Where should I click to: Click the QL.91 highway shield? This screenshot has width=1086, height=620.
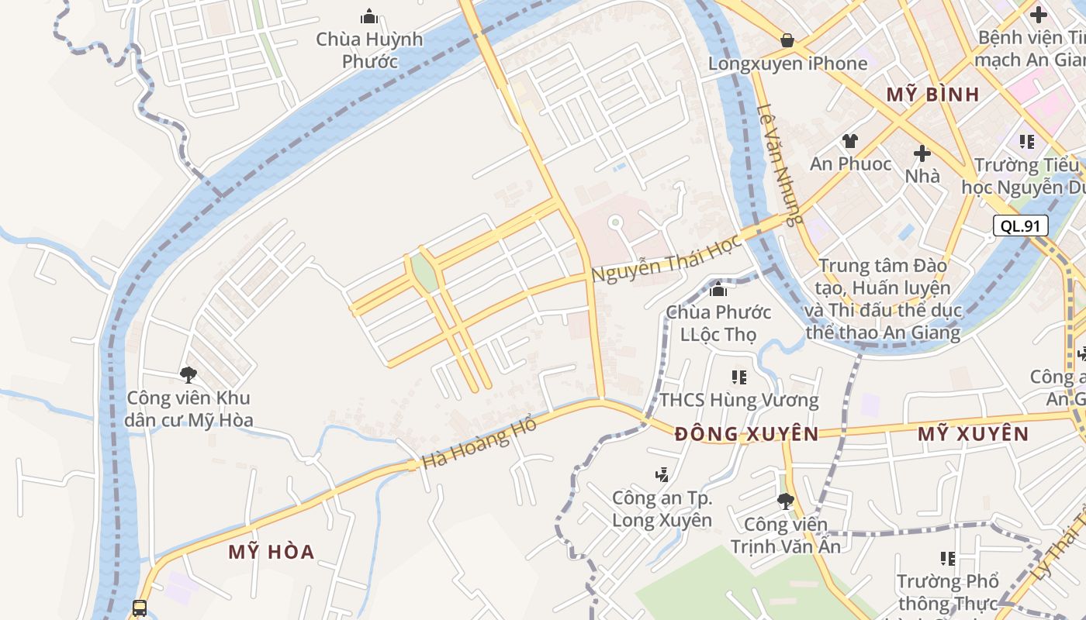point(1020,226)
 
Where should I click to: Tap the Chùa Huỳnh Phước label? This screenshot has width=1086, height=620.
point(370,50)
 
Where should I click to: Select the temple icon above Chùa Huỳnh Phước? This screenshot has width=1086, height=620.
point(369,16)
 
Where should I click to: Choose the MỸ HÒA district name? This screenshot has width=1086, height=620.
point(271,552)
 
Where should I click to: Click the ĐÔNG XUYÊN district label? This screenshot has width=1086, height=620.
point(746,434)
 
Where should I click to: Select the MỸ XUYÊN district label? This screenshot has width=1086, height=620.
point(973,434)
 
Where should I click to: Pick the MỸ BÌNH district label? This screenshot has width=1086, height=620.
point(932,95)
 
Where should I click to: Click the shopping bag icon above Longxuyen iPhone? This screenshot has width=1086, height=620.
point(787,40)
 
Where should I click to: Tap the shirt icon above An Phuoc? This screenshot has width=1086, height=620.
point(850,141)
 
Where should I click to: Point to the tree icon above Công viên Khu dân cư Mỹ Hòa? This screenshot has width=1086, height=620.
point(188,375)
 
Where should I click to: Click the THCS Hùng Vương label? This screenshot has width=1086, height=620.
point(738,400)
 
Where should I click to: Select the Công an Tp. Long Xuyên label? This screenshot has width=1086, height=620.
point(662,508)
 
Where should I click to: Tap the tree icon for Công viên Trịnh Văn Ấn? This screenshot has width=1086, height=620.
point(785,501)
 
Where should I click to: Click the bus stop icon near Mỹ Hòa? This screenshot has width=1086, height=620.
point(140,608)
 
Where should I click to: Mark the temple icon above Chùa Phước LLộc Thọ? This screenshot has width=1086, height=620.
point(718,289)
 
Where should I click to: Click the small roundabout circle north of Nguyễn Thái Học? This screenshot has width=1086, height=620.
point(616,223)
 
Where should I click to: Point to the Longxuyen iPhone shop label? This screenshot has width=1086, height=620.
point(787,64)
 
